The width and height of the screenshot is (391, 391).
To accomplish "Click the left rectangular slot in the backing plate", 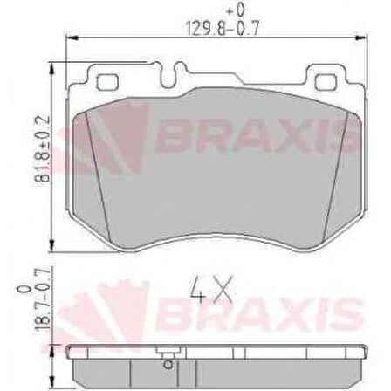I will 111,83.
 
